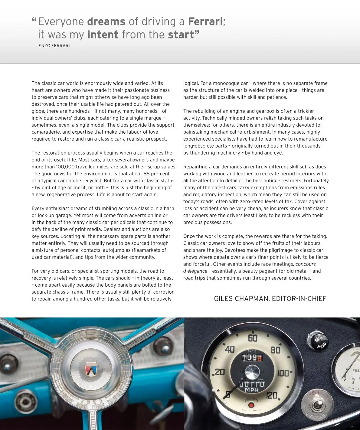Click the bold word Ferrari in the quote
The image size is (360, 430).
click(x=205, y=21)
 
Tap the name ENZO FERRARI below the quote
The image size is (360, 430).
click(x=54, y=46)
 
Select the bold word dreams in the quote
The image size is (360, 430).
click(x=106, y=21)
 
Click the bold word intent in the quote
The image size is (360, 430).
click(x=103, y=35)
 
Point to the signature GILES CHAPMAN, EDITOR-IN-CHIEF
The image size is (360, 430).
click(x=270, y=299)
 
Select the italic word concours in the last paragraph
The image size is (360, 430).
click(x=306, y=264)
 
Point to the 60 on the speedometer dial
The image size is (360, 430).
click(x=253, y=338)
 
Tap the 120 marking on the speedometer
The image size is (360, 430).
click(x=272, y=395)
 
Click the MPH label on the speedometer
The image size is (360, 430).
click(x=252, y=390)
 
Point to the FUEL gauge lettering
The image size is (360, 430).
click(x=356, y=370)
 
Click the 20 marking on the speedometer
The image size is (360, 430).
click(x=219, y=372)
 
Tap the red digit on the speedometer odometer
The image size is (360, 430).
click(x=260, y=358)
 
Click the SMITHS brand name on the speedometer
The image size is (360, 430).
click(x=252, y=351)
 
